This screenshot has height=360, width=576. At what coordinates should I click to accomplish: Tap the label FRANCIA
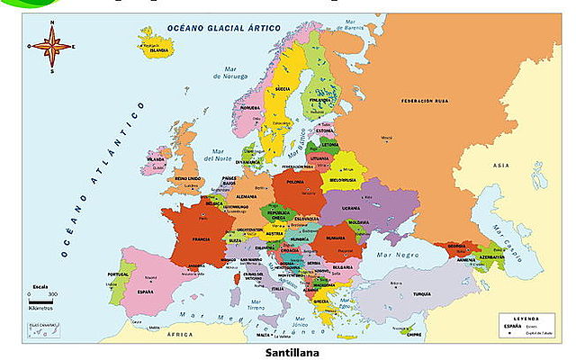click(x=202, y=239)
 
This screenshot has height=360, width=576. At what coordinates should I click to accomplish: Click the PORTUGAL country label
click(x=118, y=274)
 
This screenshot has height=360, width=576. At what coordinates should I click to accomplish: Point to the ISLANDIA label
click(x=158, y=50)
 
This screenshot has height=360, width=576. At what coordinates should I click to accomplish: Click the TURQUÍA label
click(x=422, y=294)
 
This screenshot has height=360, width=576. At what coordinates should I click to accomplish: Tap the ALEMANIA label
click(x=247, y=196)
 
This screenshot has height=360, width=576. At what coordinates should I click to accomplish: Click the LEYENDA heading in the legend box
click(x=526, y=318)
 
